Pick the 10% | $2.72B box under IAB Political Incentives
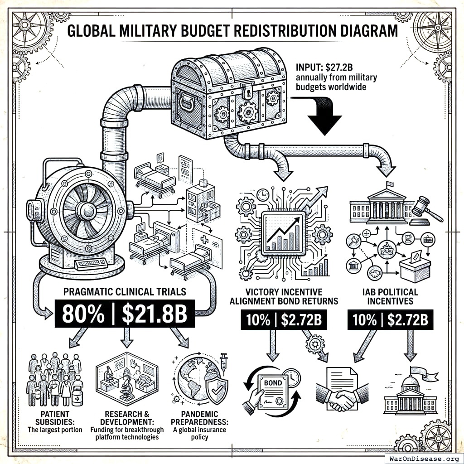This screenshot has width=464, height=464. point(390,319)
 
